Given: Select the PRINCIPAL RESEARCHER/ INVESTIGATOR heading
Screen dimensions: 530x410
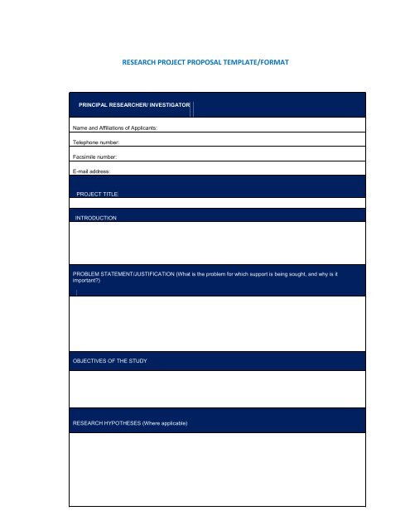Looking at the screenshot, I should (134, 106).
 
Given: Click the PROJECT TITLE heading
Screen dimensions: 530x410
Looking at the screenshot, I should (98, 194).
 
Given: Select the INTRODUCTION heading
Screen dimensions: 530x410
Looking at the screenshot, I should (97, 217).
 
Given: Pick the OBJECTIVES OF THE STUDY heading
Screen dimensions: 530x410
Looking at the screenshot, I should (110, 362).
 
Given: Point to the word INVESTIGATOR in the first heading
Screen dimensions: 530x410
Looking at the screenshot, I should (169, 106).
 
